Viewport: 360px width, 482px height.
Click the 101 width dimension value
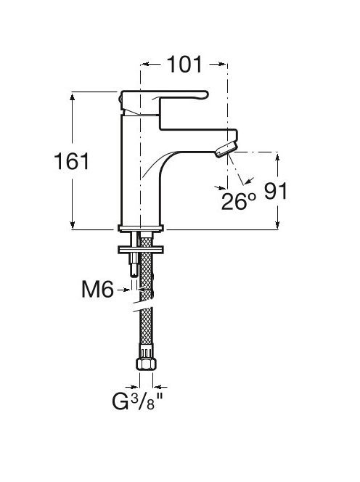(x=184, y=65)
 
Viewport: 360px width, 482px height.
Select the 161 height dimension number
(x=72, y=161)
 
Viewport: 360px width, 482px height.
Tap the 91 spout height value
(x=276, y=191)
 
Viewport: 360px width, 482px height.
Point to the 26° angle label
(x=239, y=201)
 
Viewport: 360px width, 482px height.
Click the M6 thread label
(x=97, y=289)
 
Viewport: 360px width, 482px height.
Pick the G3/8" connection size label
(x=137, y=401)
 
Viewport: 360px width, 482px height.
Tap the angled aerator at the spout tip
(x=226, y=149)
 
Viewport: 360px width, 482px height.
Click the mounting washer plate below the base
(x=141, y=249)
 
